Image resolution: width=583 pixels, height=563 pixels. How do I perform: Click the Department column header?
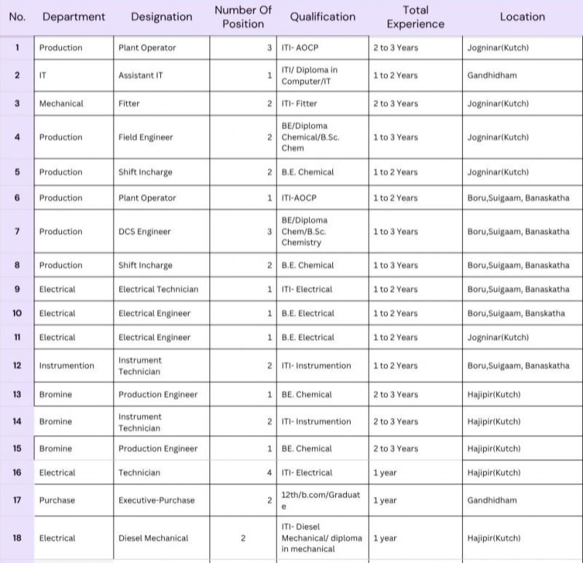pos(74,17)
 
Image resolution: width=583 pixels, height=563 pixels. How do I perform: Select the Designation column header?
pos(162,17)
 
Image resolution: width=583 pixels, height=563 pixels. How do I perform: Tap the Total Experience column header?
pos(415,17)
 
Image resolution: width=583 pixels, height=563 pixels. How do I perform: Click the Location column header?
pos(522,17)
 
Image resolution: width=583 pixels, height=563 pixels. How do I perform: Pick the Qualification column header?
pos(323,17)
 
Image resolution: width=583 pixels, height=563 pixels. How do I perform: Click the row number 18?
pos(17,538)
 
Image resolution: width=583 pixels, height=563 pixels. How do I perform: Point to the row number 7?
pos(17,232)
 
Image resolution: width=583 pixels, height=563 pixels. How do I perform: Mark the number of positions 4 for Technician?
pos(269,473)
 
